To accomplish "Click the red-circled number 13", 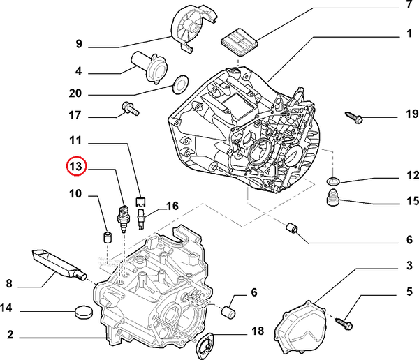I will (x=75, y=167).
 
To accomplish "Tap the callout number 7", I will (x=409, y=6).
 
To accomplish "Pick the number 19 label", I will (x=411, y=114).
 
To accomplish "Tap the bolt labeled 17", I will (x=129, y=107).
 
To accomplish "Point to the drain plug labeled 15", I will (x=333, y=200).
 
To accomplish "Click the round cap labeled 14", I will (x=82, y=310).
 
